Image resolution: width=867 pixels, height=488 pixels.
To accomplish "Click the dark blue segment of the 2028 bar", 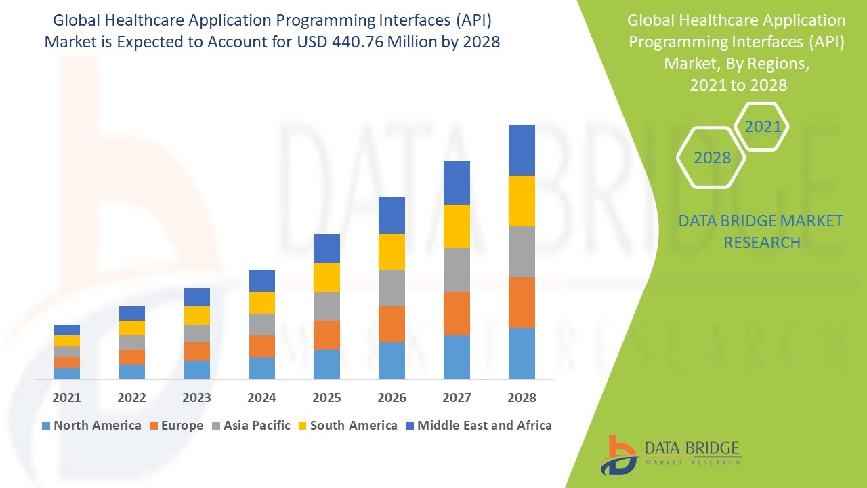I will (522, 150).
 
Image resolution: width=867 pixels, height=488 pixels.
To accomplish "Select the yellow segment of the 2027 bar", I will (457, 226).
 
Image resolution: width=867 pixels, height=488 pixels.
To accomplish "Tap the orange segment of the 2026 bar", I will (392, 324).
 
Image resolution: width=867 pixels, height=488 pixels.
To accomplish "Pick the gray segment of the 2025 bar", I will (326, 306).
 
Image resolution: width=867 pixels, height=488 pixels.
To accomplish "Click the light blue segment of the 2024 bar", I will (261, 367).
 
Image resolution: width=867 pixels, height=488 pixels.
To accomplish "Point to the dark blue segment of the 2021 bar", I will (67, 330).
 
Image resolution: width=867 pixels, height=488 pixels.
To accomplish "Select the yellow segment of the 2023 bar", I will (197, 315).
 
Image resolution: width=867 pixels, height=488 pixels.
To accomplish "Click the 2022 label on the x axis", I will (131, 398).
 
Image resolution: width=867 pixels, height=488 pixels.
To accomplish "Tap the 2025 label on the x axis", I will (326, 398).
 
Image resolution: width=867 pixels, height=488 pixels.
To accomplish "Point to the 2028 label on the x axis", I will (522, 398).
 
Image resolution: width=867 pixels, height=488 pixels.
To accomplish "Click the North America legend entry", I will (91, 426).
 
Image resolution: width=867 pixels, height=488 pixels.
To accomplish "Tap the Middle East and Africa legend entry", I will (478, 426).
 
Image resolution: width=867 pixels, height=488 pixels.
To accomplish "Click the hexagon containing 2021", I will (762, 127).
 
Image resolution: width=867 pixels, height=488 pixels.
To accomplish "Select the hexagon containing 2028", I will (712, 158).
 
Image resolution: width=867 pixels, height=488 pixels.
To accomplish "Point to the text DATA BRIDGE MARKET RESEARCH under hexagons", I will (761, 231).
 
